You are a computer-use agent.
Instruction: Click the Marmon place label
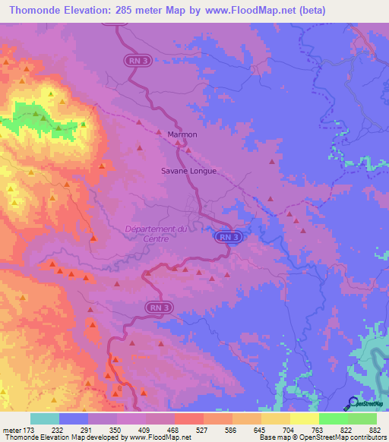tap(182, 134)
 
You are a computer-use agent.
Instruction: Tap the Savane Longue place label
tap(189, 172)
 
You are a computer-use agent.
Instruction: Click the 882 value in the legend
tap(374, 430)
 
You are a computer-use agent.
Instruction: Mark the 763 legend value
tap(317, 430)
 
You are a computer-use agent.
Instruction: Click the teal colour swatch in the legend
tap(45, 418)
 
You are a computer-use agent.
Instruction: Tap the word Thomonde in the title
tap(30, 10)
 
